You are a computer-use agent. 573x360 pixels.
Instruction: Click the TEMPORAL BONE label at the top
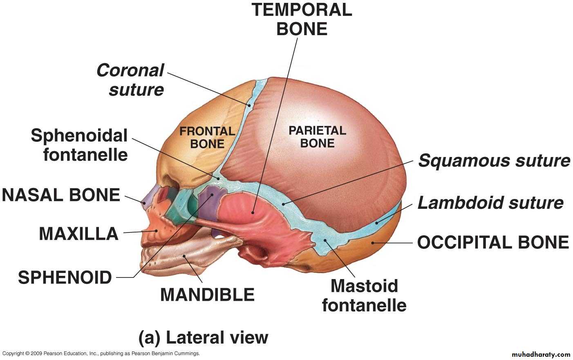[302, 19]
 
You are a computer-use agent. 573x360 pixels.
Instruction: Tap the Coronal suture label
[130, 80]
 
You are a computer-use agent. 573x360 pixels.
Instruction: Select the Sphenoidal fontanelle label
[79, 145]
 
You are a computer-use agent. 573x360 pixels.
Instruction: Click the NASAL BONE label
[61, 195]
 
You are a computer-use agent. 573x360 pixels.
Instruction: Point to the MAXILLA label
[79, 234]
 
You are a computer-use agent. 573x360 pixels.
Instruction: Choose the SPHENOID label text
[65, 277]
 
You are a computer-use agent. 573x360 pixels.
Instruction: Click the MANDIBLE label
[207, 295]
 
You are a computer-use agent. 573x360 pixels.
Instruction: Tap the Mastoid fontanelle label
[364, 295]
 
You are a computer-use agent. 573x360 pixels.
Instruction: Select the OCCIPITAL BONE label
[493, 242]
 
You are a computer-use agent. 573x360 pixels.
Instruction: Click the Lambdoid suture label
[490, 203]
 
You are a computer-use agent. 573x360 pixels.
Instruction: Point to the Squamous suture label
[494, 161]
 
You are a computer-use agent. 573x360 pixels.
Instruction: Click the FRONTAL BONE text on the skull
[207, 138]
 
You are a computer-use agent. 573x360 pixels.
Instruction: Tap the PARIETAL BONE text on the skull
[317, 137]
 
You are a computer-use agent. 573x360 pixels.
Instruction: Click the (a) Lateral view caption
[204, 338]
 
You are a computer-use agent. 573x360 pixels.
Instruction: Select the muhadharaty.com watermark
[541, 354]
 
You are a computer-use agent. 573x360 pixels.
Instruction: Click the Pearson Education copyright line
[101, 353]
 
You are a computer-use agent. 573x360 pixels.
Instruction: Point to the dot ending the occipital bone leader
[373, 243]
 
